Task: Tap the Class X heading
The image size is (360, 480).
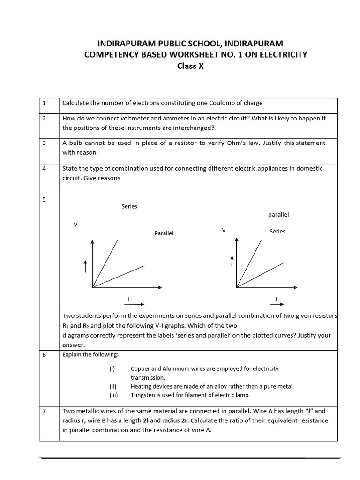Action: pos(190,66)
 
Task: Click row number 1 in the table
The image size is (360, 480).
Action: pos(44,103)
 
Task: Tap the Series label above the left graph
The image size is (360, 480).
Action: pos(129,206)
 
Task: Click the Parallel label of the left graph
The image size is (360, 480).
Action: pos(164,233)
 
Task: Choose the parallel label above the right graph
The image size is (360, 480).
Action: pos(278,214)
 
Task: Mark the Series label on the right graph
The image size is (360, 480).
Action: pos(277,231)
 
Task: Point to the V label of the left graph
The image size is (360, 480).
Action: pos(75,225)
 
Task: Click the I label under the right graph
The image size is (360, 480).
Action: pos(276,299)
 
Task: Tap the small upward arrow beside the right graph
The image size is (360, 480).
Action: pos(232,261)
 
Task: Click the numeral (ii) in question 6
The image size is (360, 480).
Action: pos(112,386)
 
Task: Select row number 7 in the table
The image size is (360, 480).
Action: pos(44,411)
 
